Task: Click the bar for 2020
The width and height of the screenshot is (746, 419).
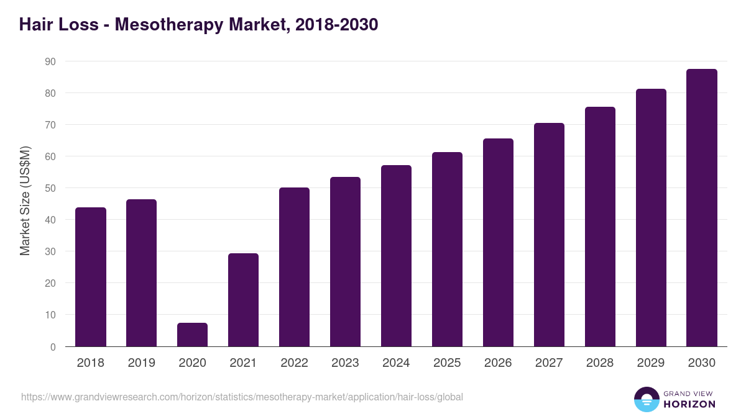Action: point(192,335)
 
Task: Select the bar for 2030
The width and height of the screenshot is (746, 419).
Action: point(702,208)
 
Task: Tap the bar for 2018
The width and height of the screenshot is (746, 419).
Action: point(91,277)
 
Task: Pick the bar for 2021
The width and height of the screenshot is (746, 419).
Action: point(243,300)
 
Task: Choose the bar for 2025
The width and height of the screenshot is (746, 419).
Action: point(447,249)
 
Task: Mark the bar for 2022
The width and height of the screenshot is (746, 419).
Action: point(294,267)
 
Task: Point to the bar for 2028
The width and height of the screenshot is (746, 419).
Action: point(600,227)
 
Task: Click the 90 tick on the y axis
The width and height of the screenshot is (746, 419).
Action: point(50,61)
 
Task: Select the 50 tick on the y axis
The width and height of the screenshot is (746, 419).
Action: point(50,188)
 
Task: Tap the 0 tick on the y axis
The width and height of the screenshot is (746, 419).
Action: point(53,347)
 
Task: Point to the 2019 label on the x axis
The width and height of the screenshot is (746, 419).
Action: point(142,363)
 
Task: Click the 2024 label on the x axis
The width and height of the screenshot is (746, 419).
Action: point(396,363)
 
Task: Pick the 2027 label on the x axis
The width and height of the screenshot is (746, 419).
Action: point(549,363)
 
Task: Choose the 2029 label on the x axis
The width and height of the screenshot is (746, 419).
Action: point(651,363)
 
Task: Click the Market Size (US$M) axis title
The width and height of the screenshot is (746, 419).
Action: point(25,200)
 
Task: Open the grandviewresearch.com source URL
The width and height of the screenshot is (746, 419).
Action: point(242,397)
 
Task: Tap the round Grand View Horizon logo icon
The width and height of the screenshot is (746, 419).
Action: point(647,399)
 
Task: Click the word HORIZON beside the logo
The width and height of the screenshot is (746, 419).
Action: point(689,404)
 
